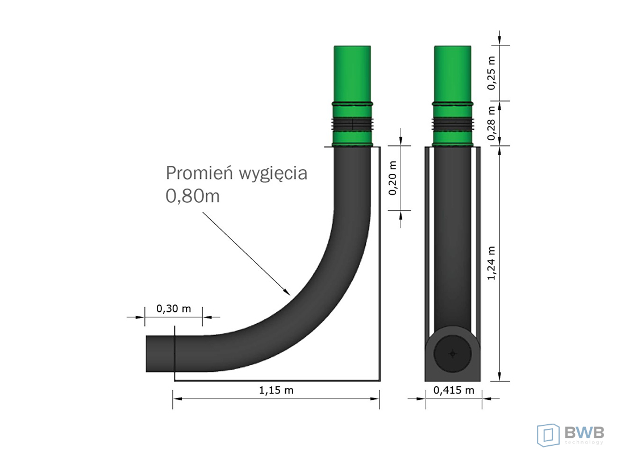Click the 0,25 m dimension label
(492, 73)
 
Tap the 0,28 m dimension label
(492, 123)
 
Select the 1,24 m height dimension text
(492, 263)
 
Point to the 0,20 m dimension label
(393, 178)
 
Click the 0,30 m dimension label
(173, 308)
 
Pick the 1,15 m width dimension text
(276, 390)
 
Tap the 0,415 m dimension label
(454, 390)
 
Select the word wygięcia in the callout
(273, 174)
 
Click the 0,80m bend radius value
(193, 196)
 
